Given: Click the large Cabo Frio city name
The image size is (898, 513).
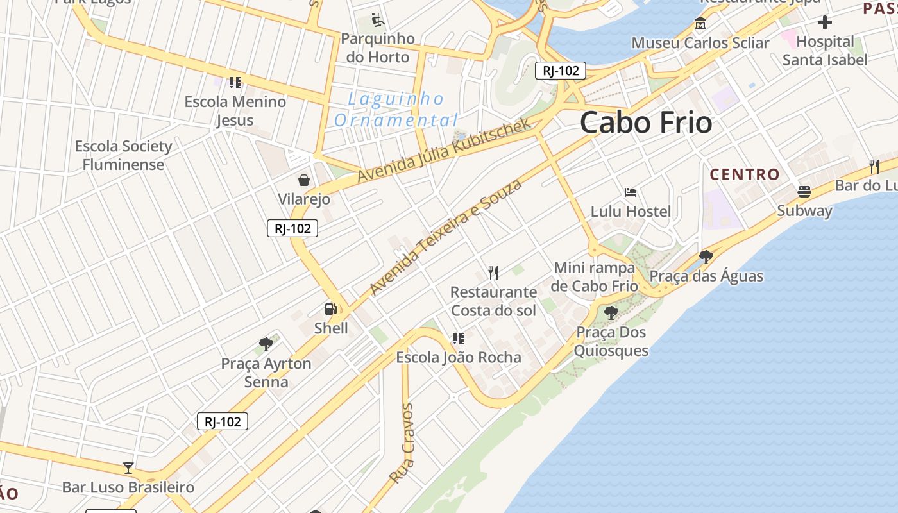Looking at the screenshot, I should pos(646,122).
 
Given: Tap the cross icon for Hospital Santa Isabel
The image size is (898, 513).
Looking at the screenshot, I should pos(825,23).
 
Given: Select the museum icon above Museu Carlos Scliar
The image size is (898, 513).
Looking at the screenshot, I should pos(700,24).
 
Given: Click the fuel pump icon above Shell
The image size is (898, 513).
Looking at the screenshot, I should pos(330,309).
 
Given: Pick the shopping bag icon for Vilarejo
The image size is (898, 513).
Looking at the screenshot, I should pos(304,180).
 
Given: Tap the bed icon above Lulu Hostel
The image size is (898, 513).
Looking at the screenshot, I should pos(631,192).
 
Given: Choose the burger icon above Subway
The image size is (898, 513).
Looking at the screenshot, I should pos(804,191).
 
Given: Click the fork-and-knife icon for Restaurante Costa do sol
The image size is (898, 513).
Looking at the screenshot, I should pos(493,273).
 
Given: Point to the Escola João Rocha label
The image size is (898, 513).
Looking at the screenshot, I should pos(458,357).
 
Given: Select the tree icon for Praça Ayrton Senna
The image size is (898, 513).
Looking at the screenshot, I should pos(266,344).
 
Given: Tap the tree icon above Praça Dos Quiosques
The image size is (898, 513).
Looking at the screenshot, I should pos(611,313).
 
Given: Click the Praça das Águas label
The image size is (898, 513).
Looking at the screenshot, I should pos(706,276).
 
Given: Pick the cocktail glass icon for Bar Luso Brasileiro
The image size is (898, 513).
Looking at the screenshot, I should pos(128,468).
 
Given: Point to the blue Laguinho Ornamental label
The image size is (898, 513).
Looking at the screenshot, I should pos(396,110).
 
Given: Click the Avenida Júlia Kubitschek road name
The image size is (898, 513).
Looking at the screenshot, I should pos(444,150).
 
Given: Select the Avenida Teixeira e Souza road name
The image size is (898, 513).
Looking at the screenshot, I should pos(446,237).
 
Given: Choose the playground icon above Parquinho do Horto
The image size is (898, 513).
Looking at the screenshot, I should pos(378,21).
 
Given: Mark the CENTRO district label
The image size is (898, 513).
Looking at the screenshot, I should pos(744,174).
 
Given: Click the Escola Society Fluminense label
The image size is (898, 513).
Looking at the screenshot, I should pos(123,155).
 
